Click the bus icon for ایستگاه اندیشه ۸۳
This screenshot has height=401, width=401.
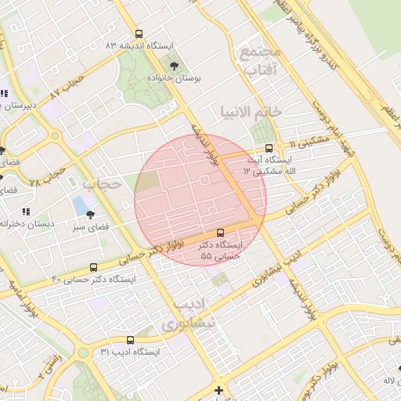coord(139,34)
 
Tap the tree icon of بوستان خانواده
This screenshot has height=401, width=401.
coord(173,66)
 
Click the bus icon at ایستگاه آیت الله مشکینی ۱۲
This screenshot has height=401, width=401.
coord(269,147)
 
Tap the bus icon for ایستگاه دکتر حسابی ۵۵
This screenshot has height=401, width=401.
coord(220,233)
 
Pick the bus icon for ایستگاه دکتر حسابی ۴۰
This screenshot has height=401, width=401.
coord(94,268)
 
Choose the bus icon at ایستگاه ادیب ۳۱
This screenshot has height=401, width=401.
coord(129,341)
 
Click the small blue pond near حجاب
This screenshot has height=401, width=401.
coord(79,206)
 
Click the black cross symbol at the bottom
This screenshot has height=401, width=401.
coord(219,390)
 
